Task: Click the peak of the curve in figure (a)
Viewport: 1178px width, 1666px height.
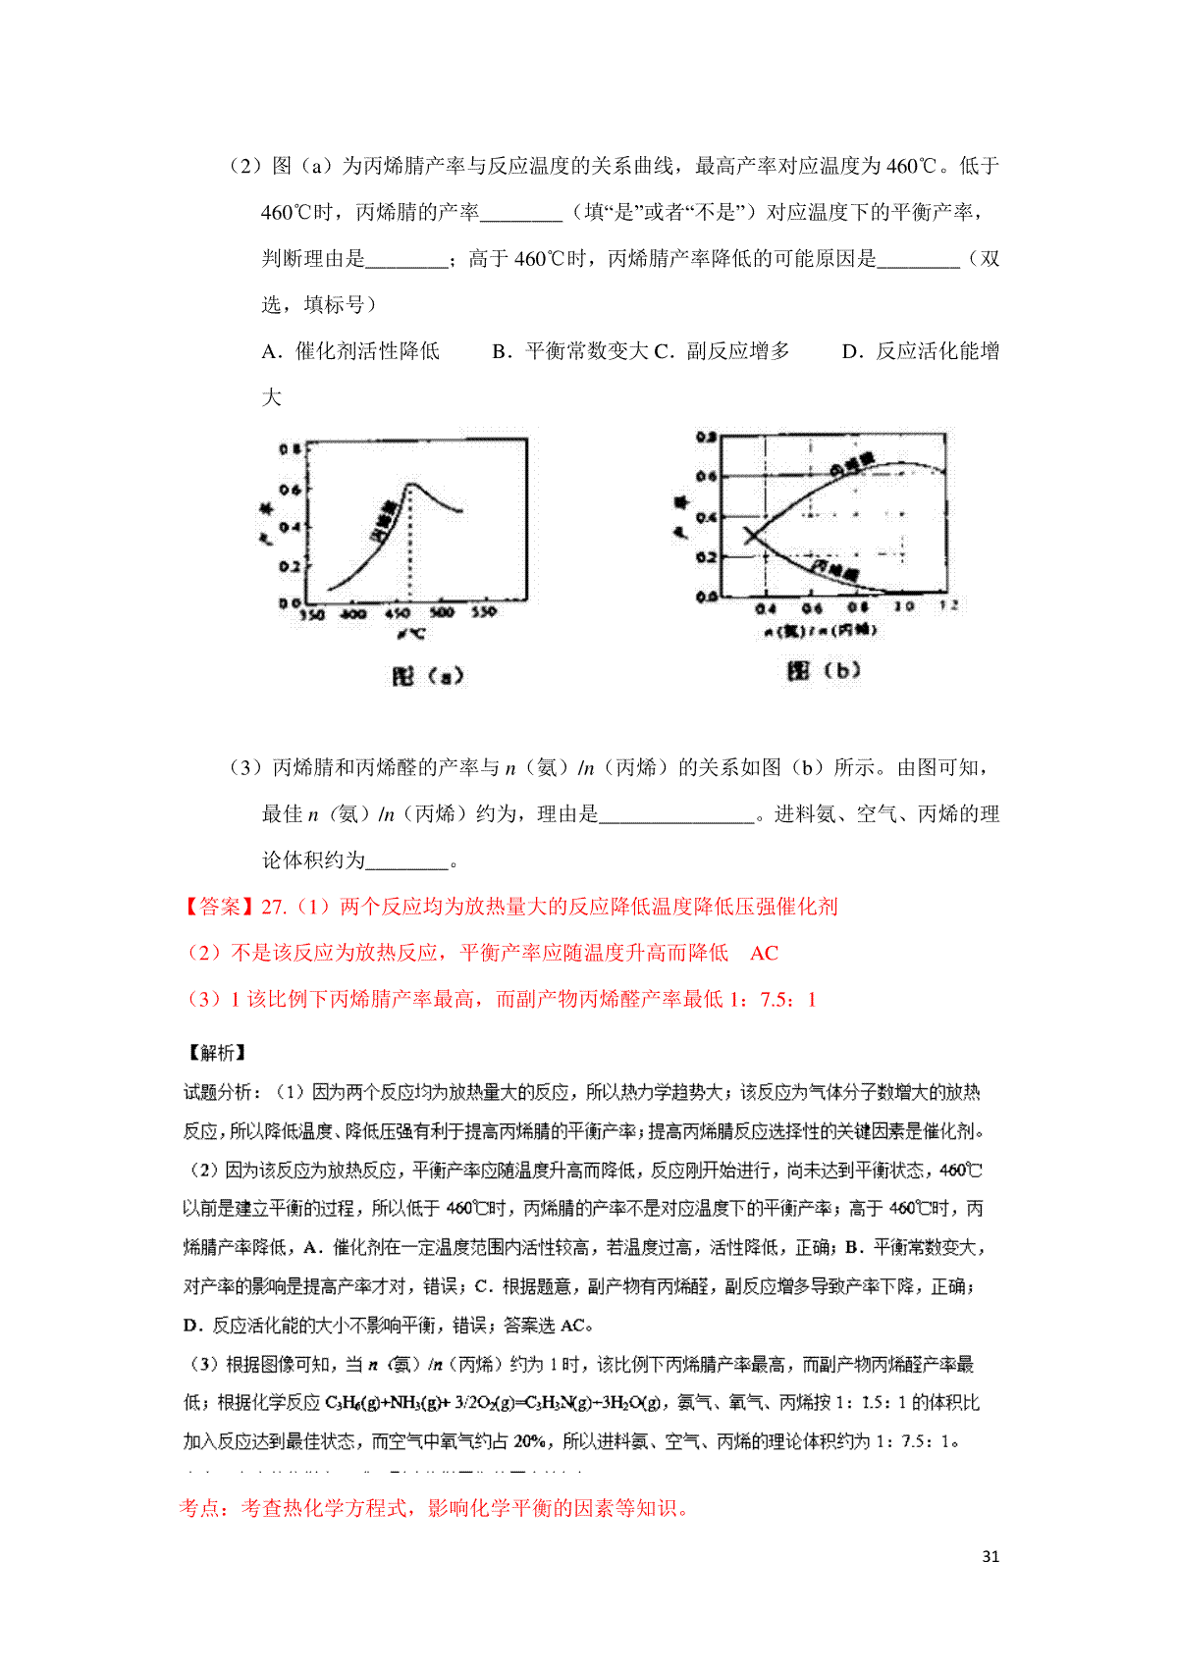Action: (x=411, y=484)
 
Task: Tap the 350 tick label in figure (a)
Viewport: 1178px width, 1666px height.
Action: (x=312, y=614)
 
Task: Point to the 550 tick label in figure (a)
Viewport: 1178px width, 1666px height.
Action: (x=484, y=612)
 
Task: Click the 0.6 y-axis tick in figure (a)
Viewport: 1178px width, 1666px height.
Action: (x=290, y=489)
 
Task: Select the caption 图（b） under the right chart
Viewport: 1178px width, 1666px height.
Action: (x=824, y=670)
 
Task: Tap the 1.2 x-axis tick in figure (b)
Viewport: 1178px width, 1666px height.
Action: (x=948, y=606)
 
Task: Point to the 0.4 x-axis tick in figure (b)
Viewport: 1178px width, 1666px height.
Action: (x=766, y=609)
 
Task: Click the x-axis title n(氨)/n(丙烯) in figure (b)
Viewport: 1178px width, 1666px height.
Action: (x=821, y=630)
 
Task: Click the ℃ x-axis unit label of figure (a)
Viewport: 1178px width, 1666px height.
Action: (x=410, y=634)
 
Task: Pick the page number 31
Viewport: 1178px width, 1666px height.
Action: (x=991, y=1556)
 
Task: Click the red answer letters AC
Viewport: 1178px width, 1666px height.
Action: (x=764, y=953)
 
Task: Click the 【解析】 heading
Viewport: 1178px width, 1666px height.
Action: (x=216, y=1053)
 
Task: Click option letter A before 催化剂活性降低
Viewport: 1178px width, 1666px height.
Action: (x=271, y=351)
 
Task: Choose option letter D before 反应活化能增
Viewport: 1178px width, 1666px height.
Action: (x=850, y=351)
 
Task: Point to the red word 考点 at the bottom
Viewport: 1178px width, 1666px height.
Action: (x=202, y=1508)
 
